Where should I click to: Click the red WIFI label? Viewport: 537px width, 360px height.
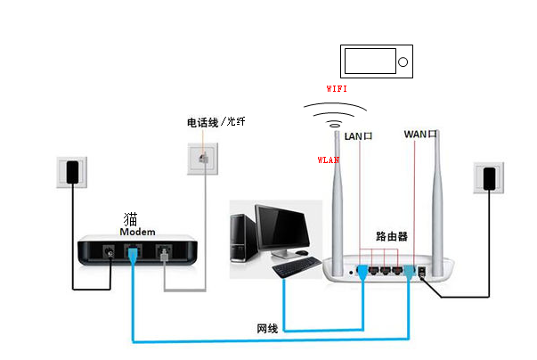pyautogui.click(x=337, y=89)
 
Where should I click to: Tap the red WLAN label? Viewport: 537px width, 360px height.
pyautogui.click(x=328, y=160)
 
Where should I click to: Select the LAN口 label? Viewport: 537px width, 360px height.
pyautogui.click(x=358, y=136)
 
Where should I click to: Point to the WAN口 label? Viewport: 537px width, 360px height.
pyautogui.click(x=420, y=134)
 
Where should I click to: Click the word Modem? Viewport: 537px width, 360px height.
pyautogui.click(x=137, y=232)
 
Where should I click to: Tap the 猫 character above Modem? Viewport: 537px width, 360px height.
pyautogui.click(x=131, y=219)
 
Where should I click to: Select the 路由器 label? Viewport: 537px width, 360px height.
pyautogui.click(x=392, y=236)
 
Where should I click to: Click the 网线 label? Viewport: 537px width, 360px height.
pyautogui.click(x=267, y=329)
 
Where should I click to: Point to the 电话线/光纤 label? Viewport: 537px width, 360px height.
pyautogui.click(x=216, y=122)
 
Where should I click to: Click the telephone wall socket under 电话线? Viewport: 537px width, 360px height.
pyautogui.click(x=203, y=159)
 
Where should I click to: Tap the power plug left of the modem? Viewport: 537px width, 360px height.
pyautogui.click(x=72, y=172)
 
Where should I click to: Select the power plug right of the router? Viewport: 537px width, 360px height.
pyautogui.click(x=490, y=178)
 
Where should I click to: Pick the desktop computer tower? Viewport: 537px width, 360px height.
pyautogui.click(x=244, y=239)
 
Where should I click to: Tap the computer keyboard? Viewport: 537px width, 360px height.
pyautogui.click(x=297, y=266)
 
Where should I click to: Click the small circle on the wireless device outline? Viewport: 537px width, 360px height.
pyautogui.click(x=403, y=62)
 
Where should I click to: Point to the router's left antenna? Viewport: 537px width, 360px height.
pyautogui.click(x=338, y=202)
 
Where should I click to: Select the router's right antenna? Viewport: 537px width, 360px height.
pyautogui.click(x=437, y=202)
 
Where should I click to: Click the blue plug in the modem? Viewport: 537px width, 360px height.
pyautogui.click(x=133, y=256)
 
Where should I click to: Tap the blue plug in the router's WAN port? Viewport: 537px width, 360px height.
pyautogui.click(x=410, y=272)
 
